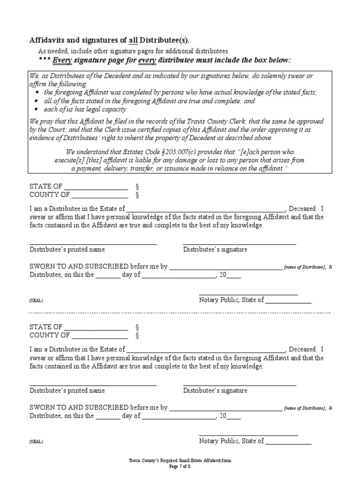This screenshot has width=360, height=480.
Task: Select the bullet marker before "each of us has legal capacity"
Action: coord(37,109)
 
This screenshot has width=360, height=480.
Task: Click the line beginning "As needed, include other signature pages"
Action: coord(133,51)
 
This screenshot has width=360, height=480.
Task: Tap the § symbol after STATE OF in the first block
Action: coord(137,187)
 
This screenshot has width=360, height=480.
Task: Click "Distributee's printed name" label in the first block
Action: coord(67,249)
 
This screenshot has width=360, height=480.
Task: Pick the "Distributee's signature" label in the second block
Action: coord(215,390)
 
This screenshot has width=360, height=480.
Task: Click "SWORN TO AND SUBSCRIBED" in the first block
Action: coord(79,266)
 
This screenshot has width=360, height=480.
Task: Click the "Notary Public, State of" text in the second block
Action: coord(232,441)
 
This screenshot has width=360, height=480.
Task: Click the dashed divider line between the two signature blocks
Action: coord(180,313)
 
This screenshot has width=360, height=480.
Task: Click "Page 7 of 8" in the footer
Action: coord(180,466)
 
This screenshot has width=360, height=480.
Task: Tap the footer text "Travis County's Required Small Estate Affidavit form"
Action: coord(180,461)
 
